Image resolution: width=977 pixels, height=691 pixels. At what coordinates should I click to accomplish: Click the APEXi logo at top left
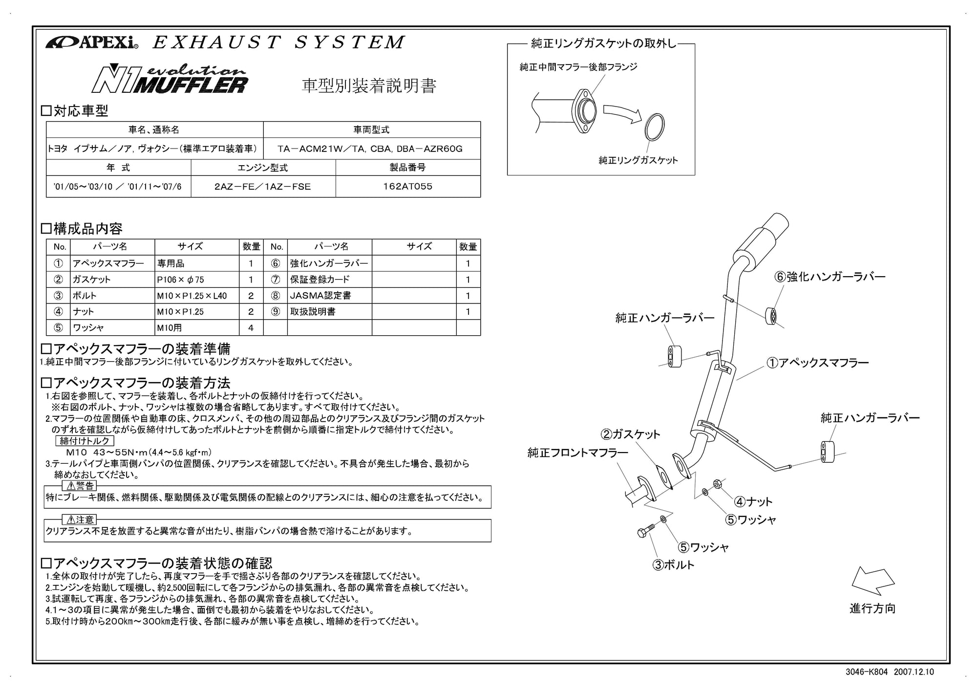tap(92, 43)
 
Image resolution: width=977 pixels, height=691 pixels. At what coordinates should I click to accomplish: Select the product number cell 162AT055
tap(407, 186)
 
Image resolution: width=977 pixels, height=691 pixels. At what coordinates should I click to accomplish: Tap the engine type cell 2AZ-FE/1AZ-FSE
tap(263, 186)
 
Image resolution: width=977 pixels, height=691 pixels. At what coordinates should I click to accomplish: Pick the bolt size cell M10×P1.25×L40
tap(196, 296)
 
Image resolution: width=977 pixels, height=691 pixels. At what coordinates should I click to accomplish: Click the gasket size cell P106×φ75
tap(196, 280)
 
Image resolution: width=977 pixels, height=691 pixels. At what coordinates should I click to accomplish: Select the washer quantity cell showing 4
tap(251, 327)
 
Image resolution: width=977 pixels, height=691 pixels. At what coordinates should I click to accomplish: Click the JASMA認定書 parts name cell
tap(329, 296)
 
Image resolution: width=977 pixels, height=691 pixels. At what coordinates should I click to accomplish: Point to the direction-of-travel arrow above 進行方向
tap(872, 581)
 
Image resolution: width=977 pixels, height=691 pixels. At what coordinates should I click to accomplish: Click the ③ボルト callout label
tap(674, 565)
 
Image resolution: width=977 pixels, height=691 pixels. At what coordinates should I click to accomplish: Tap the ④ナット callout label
tap(753, 501)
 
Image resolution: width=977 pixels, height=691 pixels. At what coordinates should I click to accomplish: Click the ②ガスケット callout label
tap(630, 434)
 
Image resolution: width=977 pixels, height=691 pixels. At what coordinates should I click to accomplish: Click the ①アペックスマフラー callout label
tap(817, 363)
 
